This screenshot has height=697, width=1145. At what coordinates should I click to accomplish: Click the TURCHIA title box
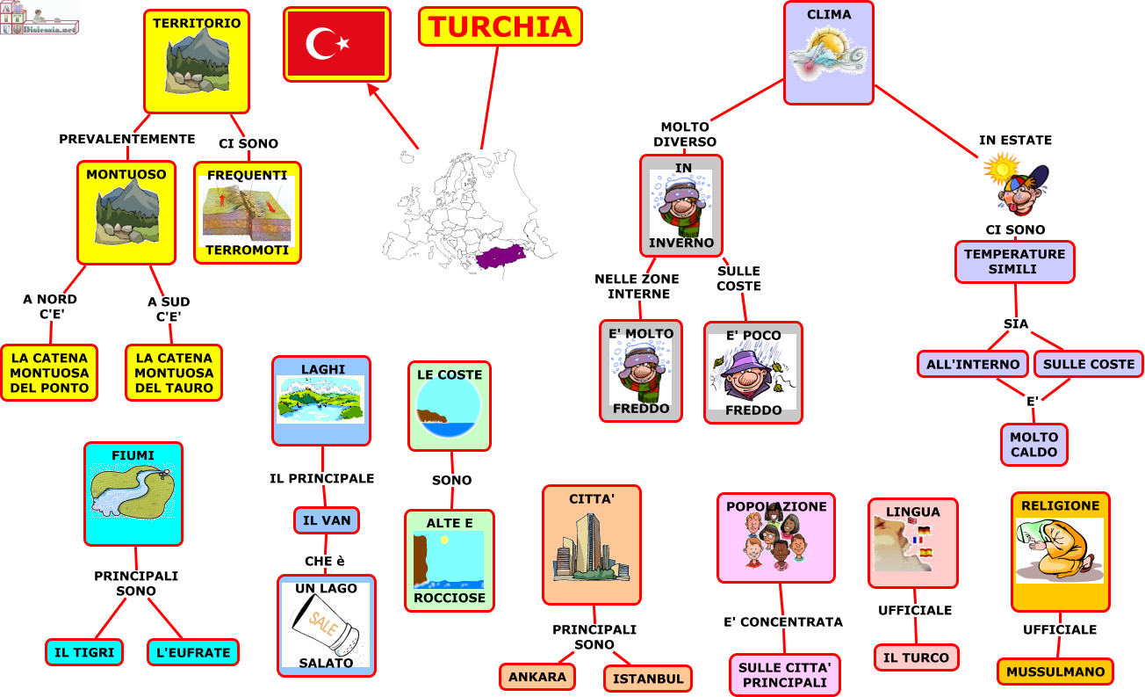[x=500, y=26]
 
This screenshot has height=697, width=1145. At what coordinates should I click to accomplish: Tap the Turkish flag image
[x=336, y=44]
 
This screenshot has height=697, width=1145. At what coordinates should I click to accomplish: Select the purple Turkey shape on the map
[x=500, y=257]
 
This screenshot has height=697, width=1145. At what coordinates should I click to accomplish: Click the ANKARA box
[x=537, y=677]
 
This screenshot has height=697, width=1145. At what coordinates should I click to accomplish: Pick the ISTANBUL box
[x=648, y=679]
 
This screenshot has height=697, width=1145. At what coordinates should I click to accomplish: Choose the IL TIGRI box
[x=84, y=652]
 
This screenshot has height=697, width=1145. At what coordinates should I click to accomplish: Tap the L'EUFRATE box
[x=193, y=652]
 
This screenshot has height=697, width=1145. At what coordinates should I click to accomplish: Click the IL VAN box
[x=327, y=520]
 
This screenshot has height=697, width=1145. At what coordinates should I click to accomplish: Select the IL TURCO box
[x=916, y=657]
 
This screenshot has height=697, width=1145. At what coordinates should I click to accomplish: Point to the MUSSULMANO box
[x=1055, y=672]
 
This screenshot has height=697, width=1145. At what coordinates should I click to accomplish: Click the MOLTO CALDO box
[x=1034, y=445]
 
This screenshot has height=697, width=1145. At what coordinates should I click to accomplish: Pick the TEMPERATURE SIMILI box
[x=1014, y=262]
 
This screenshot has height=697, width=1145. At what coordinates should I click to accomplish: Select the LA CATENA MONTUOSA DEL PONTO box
[x=49, y=373]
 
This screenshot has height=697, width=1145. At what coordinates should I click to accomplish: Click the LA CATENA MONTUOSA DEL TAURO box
[x=174, y=373]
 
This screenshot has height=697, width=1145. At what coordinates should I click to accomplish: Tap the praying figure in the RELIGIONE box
[x=1059, y=550]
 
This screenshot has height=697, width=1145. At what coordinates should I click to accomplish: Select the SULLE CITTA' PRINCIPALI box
[x=785, y=674]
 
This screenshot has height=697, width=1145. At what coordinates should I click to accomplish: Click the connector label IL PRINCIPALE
[x=321, y=479]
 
